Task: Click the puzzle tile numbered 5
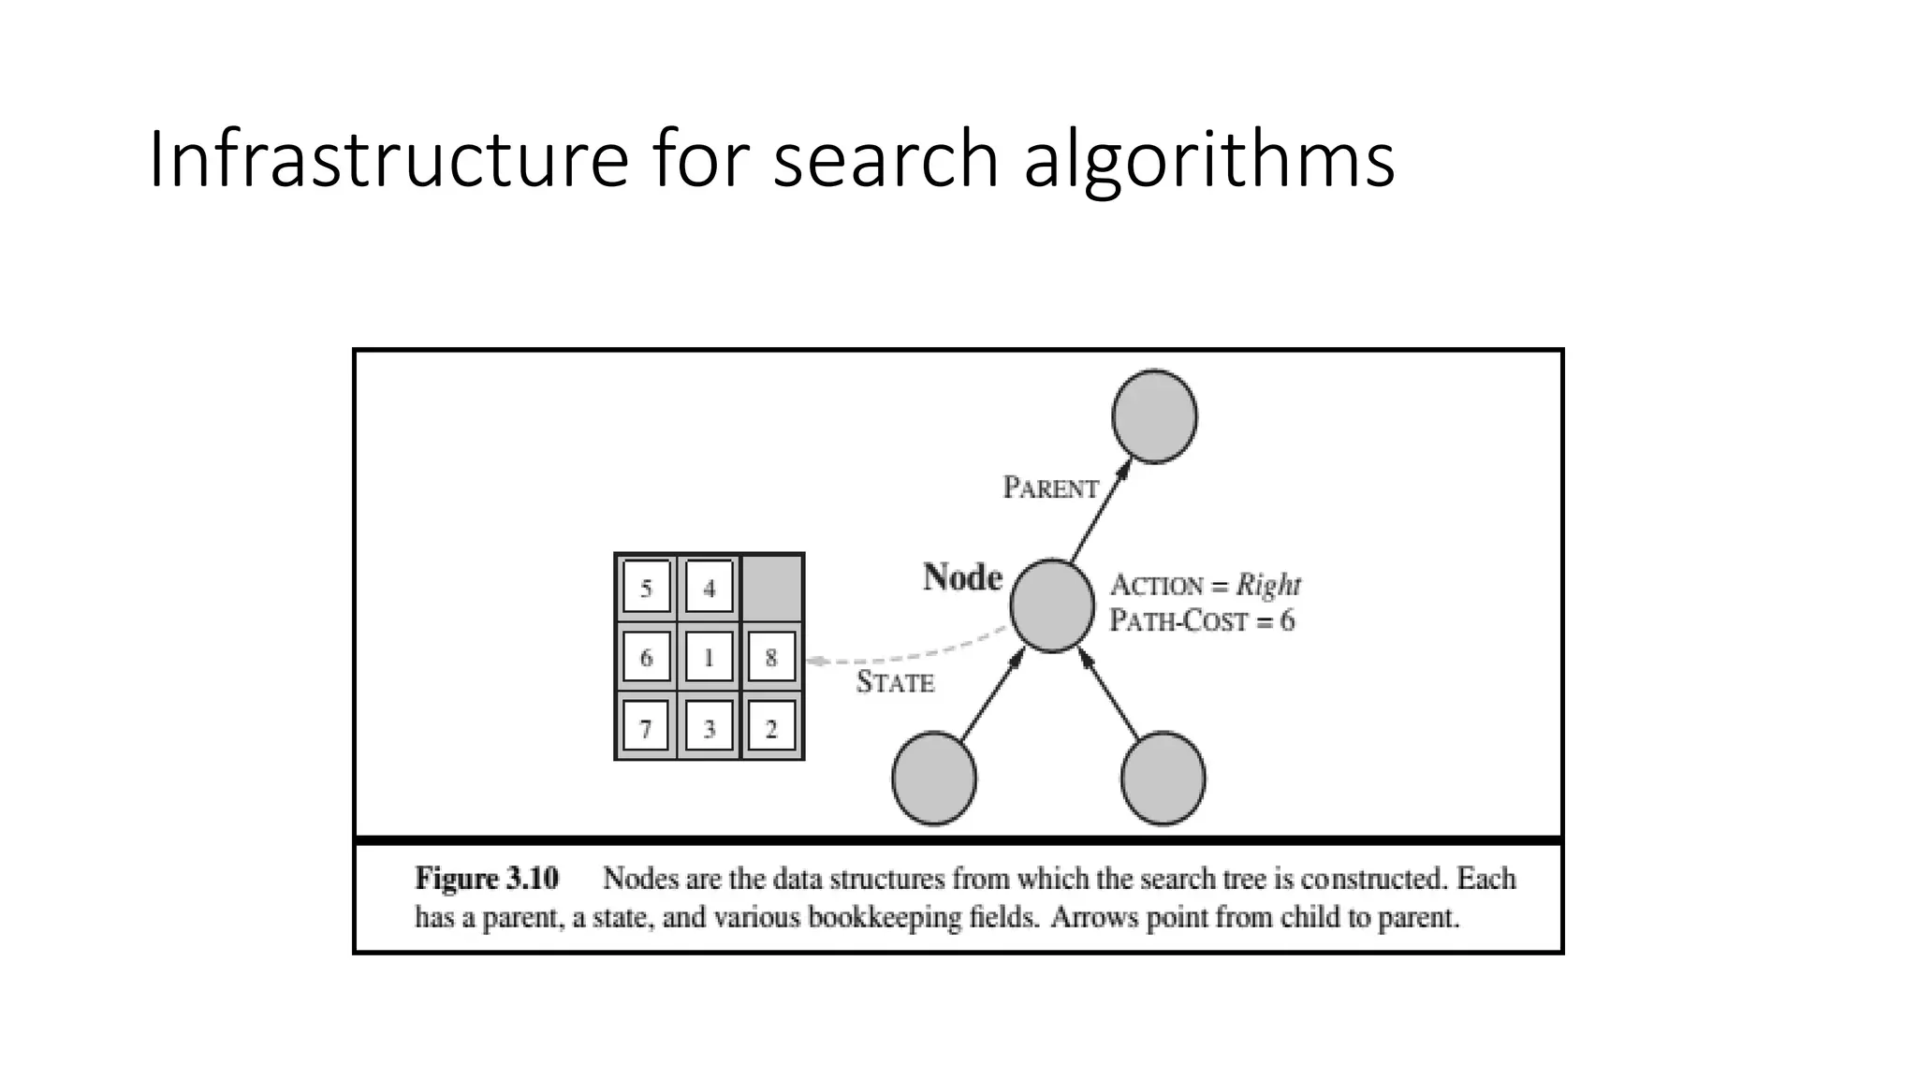tap(646, 588)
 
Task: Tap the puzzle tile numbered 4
tap(709, 588)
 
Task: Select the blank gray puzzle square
tap(772, 587)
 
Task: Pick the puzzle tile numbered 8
tap(771, 657)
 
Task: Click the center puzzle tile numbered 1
tap(709, 657)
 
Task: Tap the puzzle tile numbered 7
tap(646, 727)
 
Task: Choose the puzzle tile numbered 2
tap(771, 727)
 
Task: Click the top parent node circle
tap(1154, 416)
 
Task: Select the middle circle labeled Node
tap(1052, 605)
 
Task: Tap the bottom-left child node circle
tap(934, 779)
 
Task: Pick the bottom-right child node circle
tap(1163, 779)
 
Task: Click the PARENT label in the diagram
tap(1050, 488)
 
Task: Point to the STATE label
tap(895, 682)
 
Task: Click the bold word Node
tap(962, 577)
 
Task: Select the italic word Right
tap(1268, 585)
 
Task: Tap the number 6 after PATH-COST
tap(1287, 620)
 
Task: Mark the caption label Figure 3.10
tap(487, 879)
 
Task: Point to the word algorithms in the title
tap(1208, 159)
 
